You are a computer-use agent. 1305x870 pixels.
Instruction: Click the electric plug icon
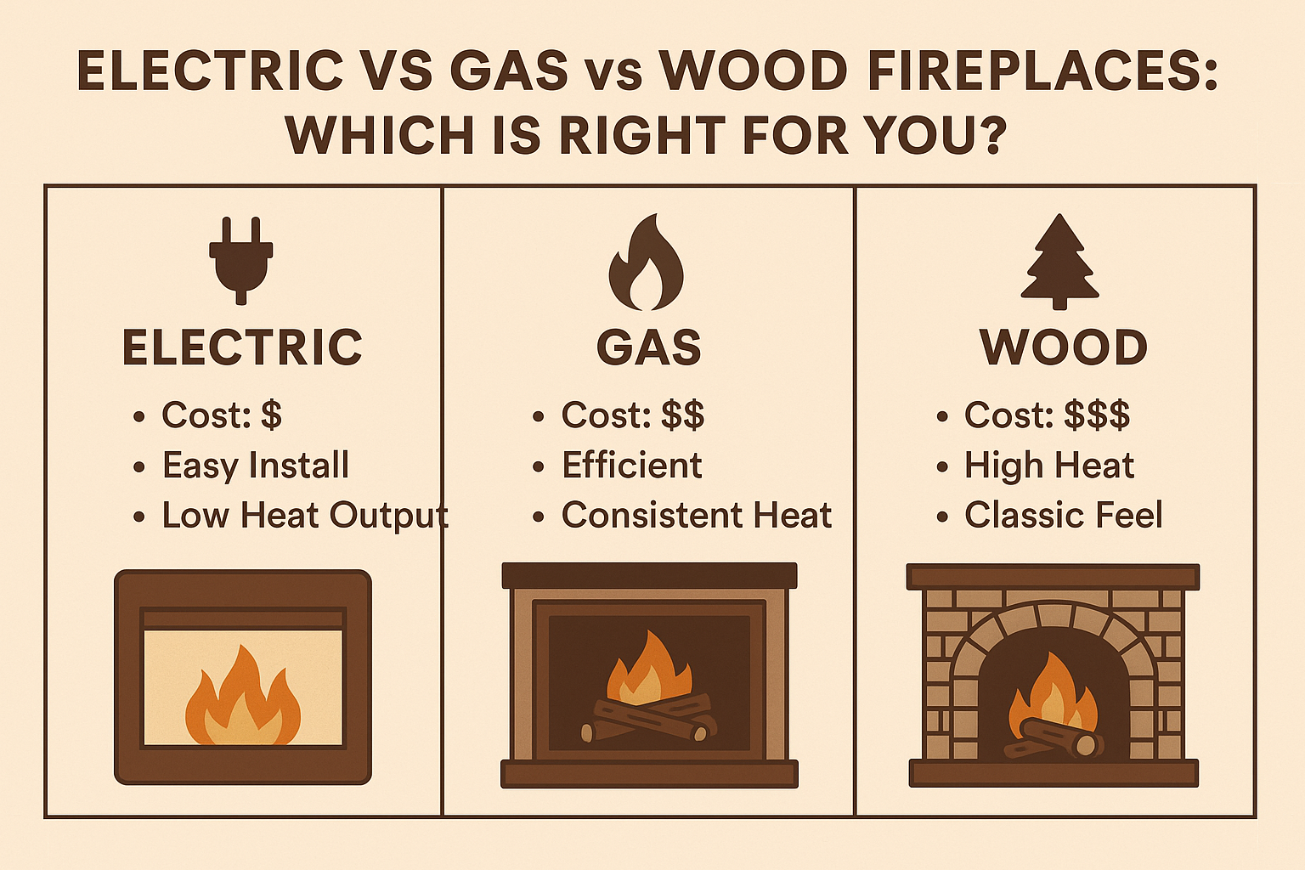(241, 260)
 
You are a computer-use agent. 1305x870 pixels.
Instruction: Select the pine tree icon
(1059, 262)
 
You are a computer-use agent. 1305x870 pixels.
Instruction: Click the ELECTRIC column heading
(242, 347)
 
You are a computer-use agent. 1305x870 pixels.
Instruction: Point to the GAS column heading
(649, 347)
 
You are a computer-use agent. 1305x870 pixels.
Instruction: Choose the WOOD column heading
(1064, 347)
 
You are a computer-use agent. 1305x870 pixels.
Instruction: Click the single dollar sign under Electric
(271, 415)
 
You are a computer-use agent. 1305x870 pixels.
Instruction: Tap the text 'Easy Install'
(256, 466)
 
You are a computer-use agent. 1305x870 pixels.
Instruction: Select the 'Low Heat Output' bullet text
(305, 516)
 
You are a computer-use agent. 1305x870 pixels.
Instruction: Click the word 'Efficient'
(632, 466)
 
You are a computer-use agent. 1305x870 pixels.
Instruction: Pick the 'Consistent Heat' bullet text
(697, 516)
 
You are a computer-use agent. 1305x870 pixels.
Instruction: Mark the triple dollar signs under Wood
(1097, 415)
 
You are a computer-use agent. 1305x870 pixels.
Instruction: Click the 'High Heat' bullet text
(1049, 466)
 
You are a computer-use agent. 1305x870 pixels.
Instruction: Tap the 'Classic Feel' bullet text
(1063, 516)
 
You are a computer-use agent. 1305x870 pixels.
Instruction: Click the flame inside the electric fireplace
(242, 697)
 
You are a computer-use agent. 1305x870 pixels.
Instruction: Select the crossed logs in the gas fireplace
(649, 718)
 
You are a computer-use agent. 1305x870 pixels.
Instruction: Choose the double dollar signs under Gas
(683, 415)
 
